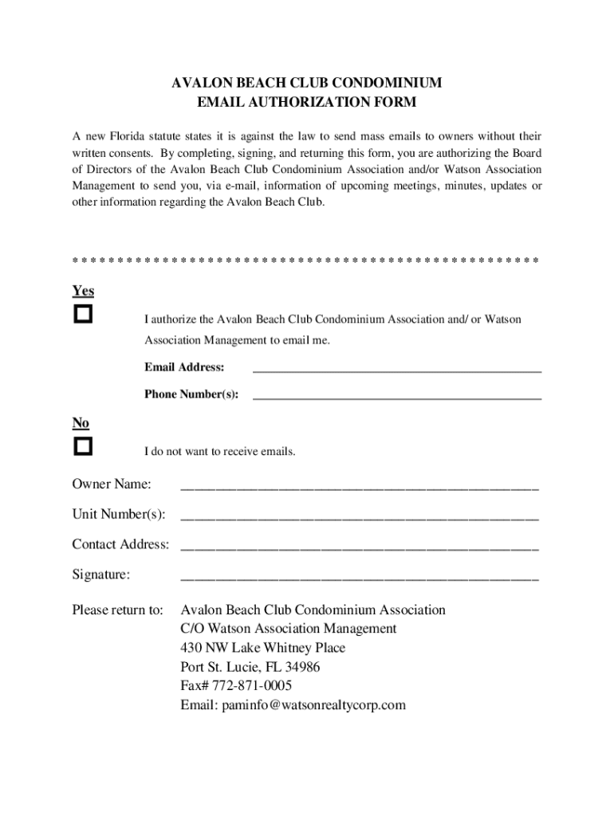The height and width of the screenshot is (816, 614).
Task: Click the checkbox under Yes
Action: pyautogui.click(x=83, y=314)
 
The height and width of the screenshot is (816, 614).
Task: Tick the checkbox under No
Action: pyautogui.click(x=83, y=446)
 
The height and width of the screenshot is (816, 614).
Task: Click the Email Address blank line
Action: pyautogui.click(x=397, y=369)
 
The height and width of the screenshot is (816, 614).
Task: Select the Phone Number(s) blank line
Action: pyautogui.click(x=397, y=395)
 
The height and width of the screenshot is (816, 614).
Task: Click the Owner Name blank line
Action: pyautogui.click(x=360, y=485)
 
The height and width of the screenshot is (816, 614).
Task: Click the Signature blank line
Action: pyautogui.click(x=360, y=576)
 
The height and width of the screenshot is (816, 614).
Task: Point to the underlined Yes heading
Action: pyautogui.click(x=83, y=292)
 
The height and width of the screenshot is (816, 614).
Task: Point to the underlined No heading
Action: pyautogui.click(x=81, y=423)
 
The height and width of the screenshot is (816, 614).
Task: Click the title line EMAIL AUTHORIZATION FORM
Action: pyautogui.click(x=307, y=103)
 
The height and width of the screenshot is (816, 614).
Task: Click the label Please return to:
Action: pyautogui.click(x=117, y=610)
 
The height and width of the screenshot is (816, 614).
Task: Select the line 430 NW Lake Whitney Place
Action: pyautogui.click(x=263, y=648)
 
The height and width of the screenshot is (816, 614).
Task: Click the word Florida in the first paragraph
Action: pyautogui.click(x=136, y=136)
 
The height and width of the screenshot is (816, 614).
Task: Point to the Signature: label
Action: pyautogui.click(x=101, y=575)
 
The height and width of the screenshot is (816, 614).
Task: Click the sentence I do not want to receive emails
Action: pyautogui.click(x=219, y=452)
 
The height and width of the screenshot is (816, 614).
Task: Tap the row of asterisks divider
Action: pyautogui.click(x=305, y=261)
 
